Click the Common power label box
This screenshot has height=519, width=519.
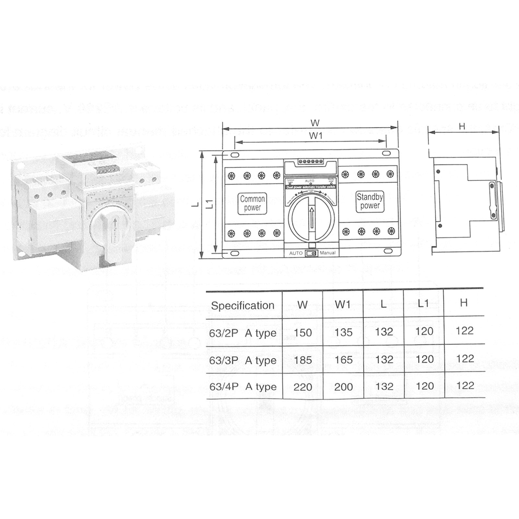252,204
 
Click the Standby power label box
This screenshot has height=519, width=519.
370,201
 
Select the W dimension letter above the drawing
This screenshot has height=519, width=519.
315,123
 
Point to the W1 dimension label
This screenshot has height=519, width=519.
315,136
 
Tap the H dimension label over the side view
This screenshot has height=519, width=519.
462,126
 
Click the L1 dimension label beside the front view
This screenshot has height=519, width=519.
210,204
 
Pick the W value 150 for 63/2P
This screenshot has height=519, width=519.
303,333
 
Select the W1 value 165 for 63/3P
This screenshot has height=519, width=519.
343,360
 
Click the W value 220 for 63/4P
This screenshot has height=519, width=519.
303,387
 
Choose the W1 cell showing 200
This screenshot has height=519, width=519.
343,386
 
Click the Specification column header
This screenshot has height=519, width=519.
242,305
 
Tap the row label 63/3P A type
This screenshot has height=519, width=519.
243,360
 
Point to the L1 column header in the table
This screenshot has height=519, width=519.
423,303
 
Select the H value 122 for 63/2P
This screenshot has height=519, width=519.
465,331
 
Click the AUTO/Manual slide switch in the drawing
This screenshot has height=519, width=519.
312,253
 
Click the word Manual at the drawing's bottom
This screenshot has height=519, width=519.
327,253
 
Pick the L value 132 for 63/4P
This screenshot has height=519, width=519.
384,386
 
